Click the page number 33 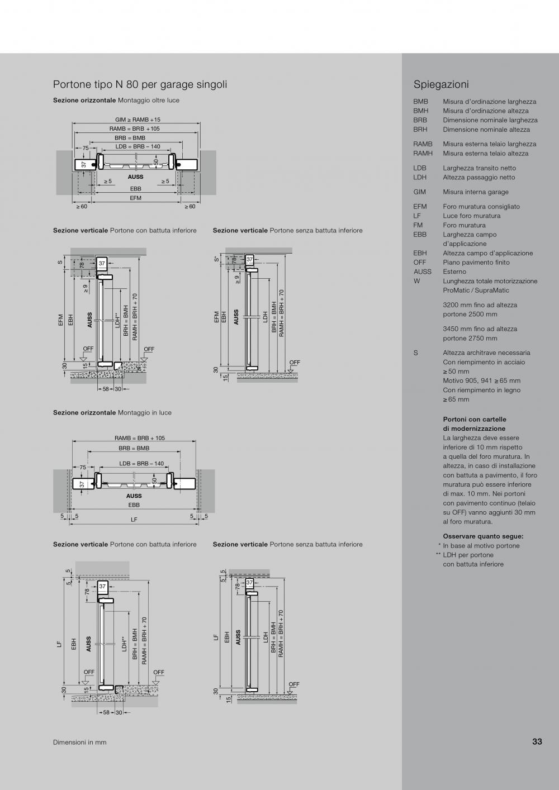pos(537,741)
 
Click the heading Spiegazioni pos(441,84)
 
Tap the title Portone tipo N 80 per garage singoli pos(140,84)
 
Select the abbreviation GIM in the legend pos(419,192)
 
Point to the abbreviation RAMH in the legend pos(423,153)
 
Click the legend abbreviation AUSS pos(423,272)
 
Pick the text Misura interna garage pos(476,192)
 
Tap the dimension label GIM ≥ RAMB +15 pos(138,120)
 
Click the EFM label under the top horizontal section pos(136,198)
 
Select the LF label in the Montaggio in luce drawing pos(134,519)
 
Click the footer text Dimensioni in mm pos(79,742)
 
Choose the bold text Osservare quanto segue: pos(483,536)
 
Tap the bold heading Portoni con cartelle pos(475,419)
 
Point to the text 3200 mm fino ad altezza pos(480,305)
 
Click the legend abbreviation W pos(417,281)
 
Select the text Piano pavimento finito pos(476,262)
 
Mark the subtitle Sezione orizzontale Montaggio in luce pos(112,412)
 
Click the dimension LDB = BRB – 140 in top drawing pos(138,146)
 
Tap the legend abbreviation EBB pos(420,235)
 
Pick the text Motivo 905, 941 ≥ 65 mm pos(481,380)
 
